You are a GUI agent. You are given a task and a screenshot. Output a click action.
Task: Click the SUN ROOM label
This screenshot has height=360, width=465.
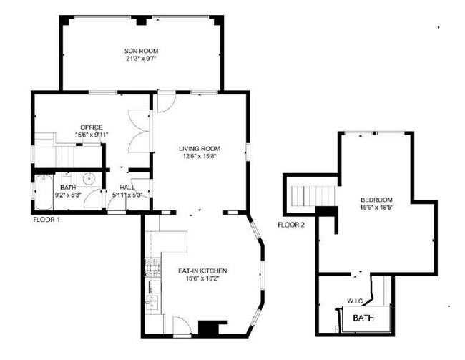pyautogui.click(x=141, y=51)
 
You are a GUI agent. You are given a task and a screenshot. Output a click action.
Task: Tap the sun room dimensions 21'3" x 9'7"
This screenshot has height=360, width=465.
pyautogui.click(x=141, y=59)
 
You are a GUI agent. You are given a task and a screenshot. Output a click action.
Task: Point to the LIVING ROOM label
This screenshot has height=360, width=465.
pyautogui.click(x=198, y=148)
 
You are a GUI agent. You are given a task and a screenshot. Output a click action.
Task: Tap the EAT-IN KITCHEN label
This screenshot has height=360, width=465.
pyautogui.click(x=202, y=270)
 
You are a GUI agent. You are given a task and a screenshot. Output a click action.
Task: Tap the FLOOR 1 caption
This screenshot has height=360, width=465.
pyautogui.click(x=47, y=219)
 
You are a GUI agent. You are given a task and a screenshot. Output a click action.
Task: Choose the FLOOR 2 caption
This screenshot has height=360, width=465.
pyautogui.click(x=291, y=225)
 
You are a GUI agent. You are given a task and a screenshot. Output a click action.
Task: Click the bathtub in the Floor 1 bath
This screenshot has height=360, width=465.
pyautogui.click(x=40, y=192)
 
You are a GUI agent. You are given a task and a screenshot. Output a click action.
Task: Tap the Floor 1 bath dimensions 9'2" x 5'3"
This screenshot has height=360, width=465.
pyautogui.click(x=68, y=194)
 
